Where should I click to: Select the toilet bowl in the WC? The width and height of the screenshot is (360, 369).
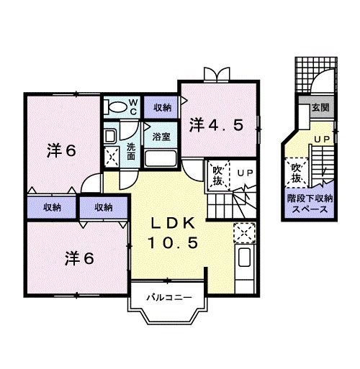tap(114, 107)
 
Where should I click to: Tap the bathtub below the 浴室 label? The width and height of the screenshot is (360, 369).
tap(161, 158)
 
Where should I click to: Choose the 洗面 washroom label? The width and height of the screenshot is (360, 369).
tap(131, 152)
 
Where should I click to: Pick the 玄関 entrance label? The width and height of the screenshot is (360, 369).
tap(320, 109)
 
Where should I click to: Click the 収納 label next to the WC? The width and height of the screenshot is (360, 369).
tap(162, 108)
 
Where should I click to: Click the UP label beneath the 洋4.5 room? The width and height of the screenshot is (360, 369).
tap(245, 173)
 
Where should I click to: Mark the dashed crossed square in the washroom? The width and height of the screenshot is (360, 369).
tap(112, 156)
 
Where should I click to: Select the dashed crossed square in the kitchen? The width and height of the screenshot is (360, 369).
tap(244, 233)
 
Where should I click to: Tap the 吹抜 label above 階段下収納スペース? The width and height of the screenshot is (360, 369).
tap(296, 173)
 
